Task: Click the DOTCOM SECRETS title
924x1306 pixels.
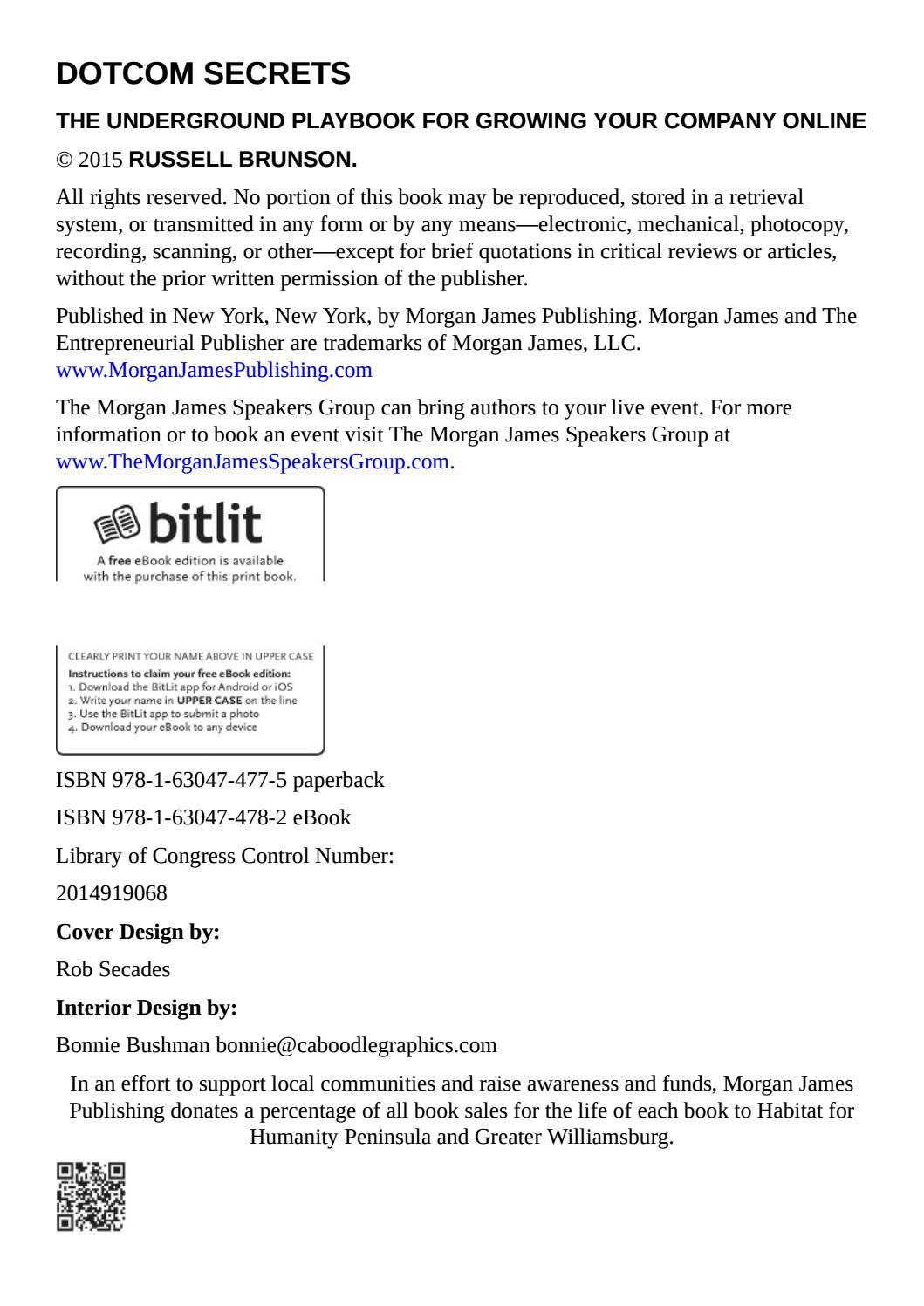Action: click(x=203, y=74)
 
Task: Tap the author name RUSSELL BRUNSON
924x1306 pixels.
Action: click(x=243, y=160)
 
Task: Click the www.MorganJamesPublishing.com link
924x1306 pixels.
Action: click(x=214, y=370)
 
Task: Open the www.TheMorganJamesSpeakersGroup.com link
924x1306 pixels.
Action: click(x=252, y=462)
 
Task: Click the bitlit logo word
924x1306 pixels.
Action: click(x=206, y=523)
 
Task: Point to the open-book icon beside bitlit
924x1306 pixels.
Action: click(x=116, y=524)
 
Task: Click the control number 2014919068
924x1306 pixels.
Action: click(x=112, y=893)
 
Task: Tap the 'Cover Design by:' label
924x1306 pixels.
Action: click(x=138, y=932)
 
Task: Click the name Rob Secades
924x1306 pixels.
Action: click(x=113, y=969)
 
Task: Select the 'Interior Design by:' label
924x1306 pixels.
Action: click(x=147, y=1008)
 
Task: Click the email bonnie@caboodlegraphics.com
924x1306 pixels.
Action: click(x=356, y=1045)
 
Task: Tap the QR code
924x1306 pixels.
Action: click(x=91, y=1196)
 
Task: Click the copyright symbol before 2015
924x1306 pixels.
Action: click(x=64, y=161)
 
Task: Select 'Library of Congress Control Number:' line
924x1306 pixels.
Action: click(x=225, y=856)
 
